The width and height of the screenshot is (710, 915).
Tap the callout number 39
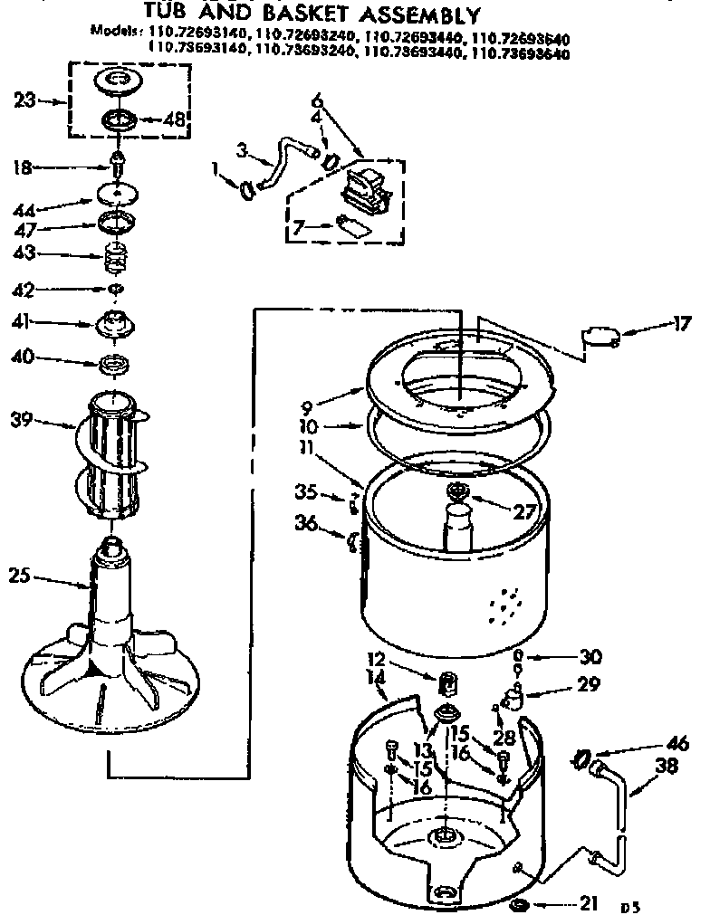tap(23, 419)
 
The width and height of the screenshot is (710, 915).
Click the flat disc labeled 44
tap(118, 195)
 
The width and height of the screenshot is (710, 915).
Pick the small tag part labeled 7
tap(353, 224)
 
